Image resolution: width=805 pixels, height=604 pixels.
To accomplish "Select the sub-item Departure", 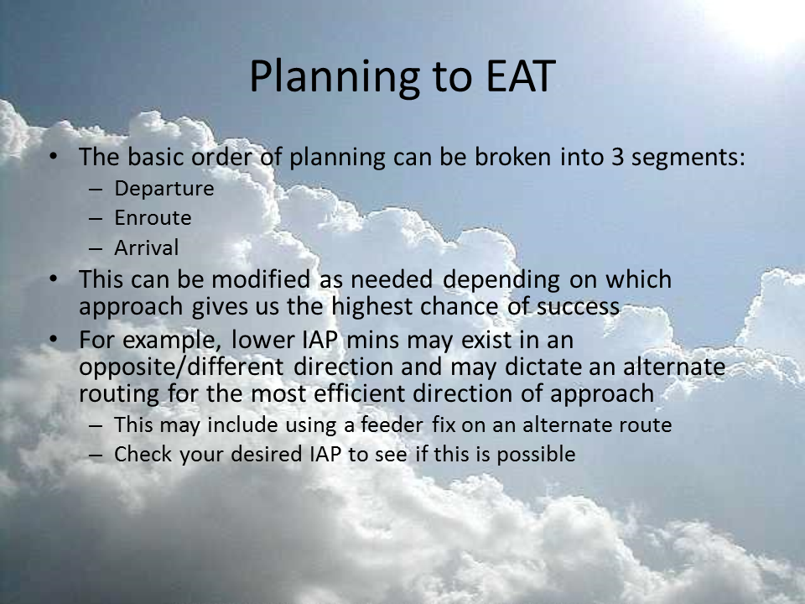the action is pyautogui.click(x=164, y=189).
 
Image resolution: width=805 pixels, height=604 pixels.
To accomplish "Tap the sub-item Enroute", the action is pyautogui.click(x=153, y=218).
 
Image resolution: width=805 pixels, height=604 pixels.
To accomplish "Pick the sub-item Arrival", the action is pyautogui.click(x=146, y=247).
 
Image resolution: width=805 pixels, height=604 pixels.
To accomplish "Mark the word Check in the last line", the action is pyautogui.click(x=143, y=454).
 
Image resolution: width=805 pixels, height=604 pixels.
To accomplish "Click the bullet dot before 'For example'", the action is pyautogui.click(x=53, y=339).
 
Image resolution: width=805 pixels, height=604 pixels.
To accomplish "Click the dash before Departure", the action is pyautogui.click(x=96, y=190).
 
